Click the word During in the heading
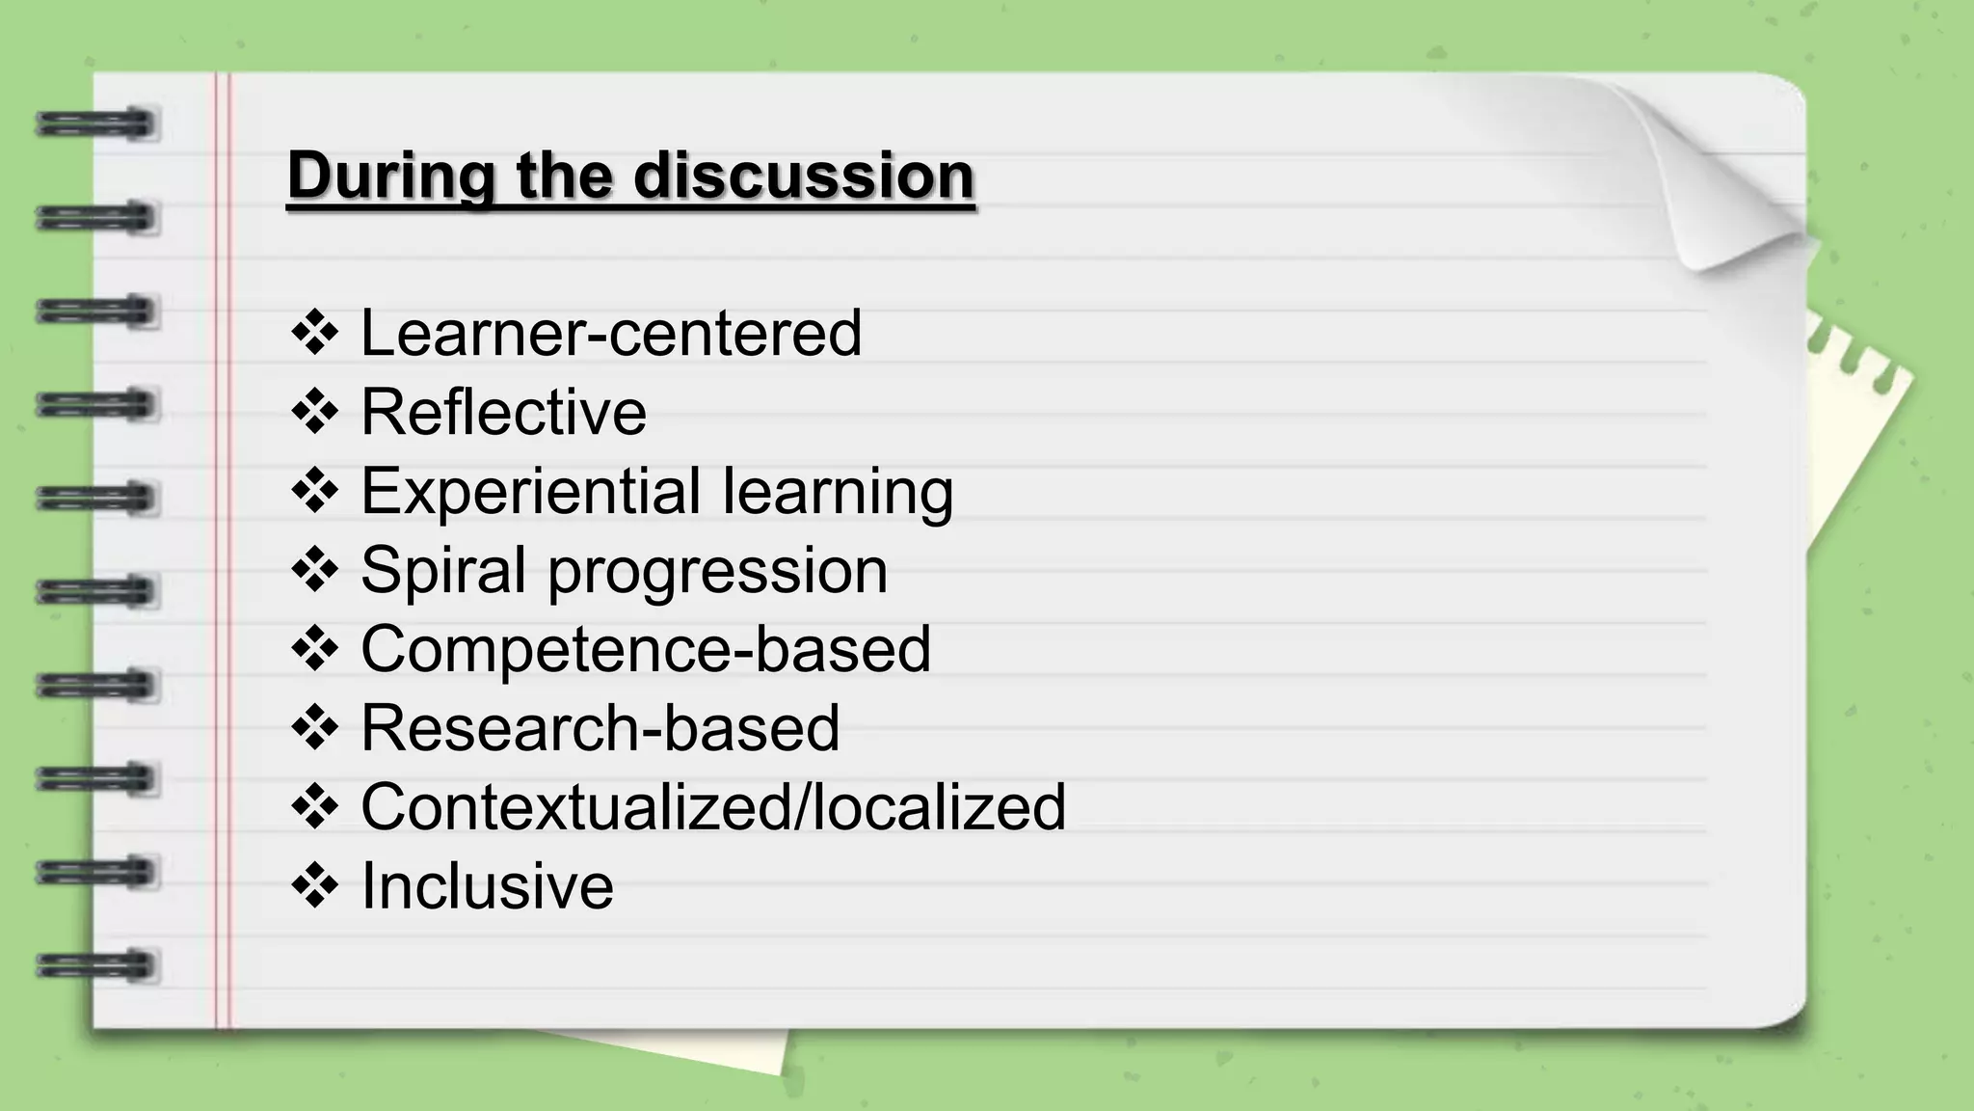(390, 176)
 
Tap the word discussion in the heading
(804, 176)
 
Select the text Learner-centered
(611, 334)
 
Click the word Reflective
(503, 413)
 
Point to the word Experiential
(530, 492)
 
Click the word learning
(838, 492)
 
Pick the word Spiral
(443, 571)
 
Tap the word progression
(717, 571)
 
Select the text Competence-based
(646, 649)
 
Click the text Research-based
(600, 728)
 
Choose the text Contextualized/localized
(713, 807)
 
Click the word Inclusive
(487, 886)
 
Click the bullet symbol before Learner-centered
(314, 334)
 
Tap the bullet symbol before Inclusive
(314, 886)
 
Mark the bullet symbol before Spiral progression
(314, 571)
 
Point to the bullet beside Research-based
(314, 728)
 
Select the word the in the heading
(564, 176)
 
